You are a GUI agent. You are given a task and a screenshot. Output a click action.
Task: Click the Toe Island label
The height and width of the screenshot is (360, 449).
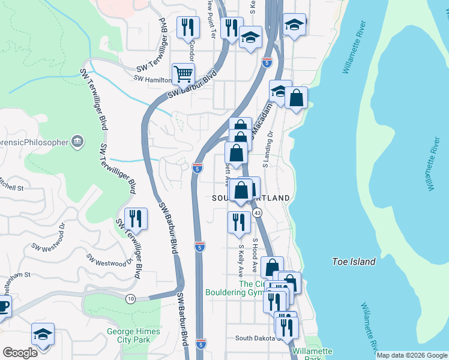pyautogui.click(x=354, y=262)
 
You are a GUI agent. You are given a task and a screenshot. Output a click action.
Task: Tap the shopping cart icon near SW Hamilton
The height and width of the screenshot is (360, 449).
pyautogui.click(x=183, y=74)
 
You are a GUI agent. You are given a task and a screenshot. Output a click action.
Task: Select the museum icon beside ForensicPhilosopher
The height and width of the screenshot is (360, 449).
pyautogui.click(x=77, y=142)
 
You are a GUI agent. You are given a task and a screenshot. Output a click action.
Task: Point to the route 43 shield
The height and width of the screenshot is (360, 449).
pyautogui.click(x=257, y=213)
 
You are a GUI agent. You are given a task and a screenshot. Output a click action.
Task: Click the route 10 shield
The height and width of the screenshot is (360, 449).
pyautogui.click(x=130, y=298)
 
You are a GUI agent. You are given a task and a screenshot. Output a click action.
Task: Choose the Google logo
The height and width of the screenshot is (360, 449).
pyautogui.click(x=19, y=353)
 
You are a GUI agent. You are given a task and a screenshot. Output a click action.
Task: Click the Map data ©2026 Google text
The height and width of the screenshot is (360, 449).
pyautogui.click(x=411, y=355)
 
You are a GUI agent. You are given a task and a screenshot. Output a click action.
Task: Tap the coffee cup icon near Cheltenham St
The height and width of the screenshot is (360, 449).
pyautogui.click(x=4, y=308)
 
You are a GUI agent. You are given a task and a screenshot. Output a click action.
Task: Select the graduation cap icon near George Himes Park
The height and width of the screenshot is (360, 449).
pyautogui.click(x=43, y=334)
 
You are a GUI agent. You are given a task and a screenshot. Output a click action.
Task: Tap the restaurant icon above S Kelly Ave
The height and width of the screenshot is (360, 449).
pyautogui.click(x=239, y=221)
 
